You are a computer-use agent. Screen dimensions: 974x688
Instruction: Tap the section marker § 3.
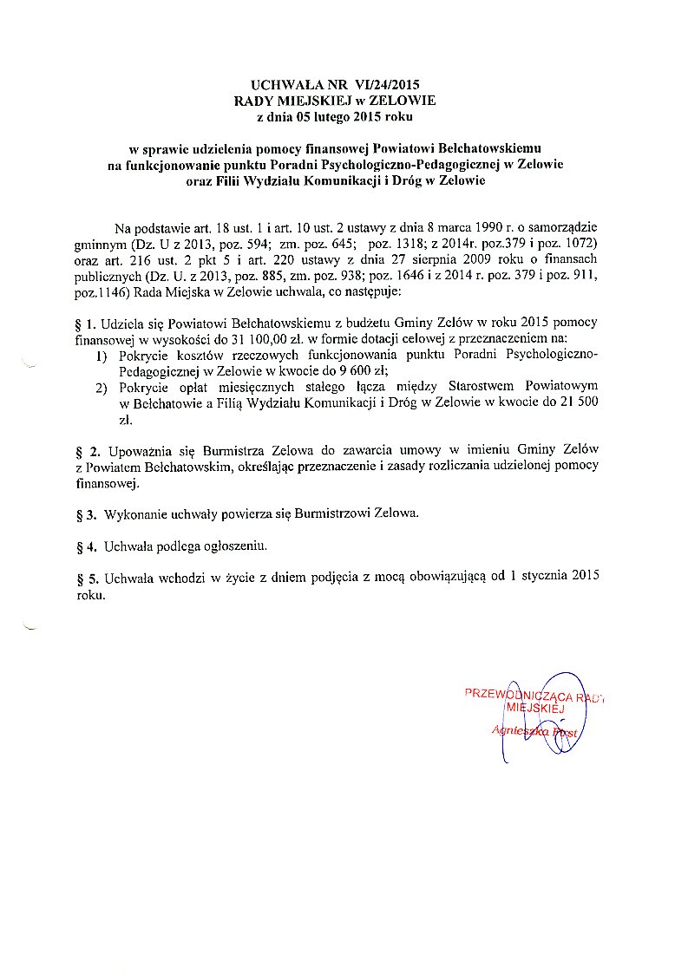point(86,514)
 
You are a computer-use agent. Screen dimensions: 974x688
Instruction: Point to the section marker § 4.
point(86,546)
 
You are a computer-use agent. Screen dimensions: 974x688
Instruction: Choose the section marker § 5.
point(86,578)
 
